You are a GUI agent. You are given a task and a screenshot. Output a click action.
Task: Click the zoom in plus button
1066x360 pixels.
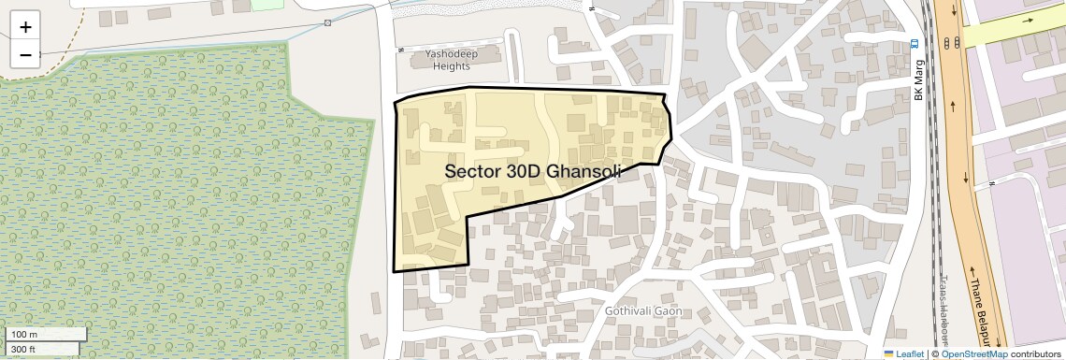[25, 27]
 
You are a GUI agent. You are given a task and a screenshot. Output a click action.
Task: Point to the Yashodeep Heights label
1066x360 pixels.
[452, 61]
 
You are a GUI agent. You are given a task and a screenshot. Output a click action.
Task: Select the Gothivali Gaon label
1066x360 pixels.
[643, 310]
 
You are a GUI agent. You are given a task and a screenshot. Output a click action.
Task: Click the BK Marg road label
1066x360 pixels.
[918, 83]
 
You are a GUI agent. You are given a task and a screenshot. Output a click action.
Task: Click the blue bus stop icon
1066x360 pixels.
[915, 43]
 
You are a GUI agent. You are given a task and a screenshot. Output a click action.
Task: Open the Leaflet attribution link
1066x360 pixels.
[903, 353]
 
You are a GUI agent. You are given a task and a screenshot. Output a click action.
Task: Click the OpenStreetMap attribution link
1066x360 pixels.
[974, 353]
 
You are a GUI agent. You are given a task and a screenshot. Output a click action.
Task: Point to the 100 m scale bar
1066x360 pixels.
[47, 334]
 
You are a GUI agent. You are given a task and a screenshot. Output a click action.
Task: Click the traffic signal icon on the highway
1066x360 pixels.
[951, 43]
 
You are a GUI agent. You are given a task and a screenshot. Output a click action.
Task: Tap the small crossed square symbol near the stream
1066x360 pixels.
[327, 22]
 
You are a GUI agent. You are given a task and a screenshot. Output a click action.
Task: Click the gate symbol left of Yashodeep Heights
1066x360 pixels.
[400, 49]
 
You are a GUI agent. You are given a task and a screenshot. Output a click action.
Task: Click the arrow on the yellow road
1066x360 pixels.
[1029, 21]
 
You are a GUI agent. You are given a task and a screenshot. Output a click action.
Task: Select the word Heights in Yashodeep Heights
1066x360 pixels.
[451, 66]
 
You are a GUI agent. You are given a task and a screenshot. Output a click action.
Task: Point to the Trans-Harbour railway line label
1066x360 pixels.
[944, 318]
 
